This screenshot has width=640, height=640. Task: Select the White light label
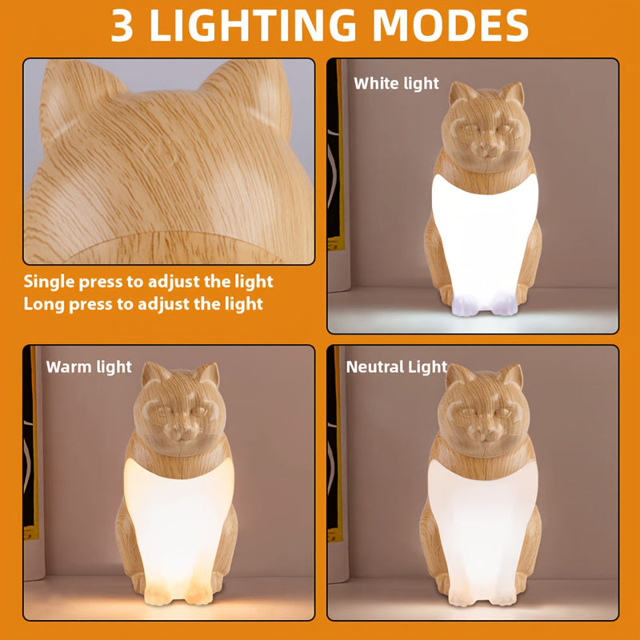click(396, 83)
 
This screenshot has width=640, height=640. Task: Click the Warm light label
click(89, 367)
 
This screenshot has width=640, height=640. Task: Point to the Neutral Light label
click(396, 367)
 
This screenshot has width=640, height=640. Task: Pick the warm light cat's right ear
click(208, 374)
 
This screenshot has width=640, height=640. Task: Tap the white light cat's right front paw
click(502, 303)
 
